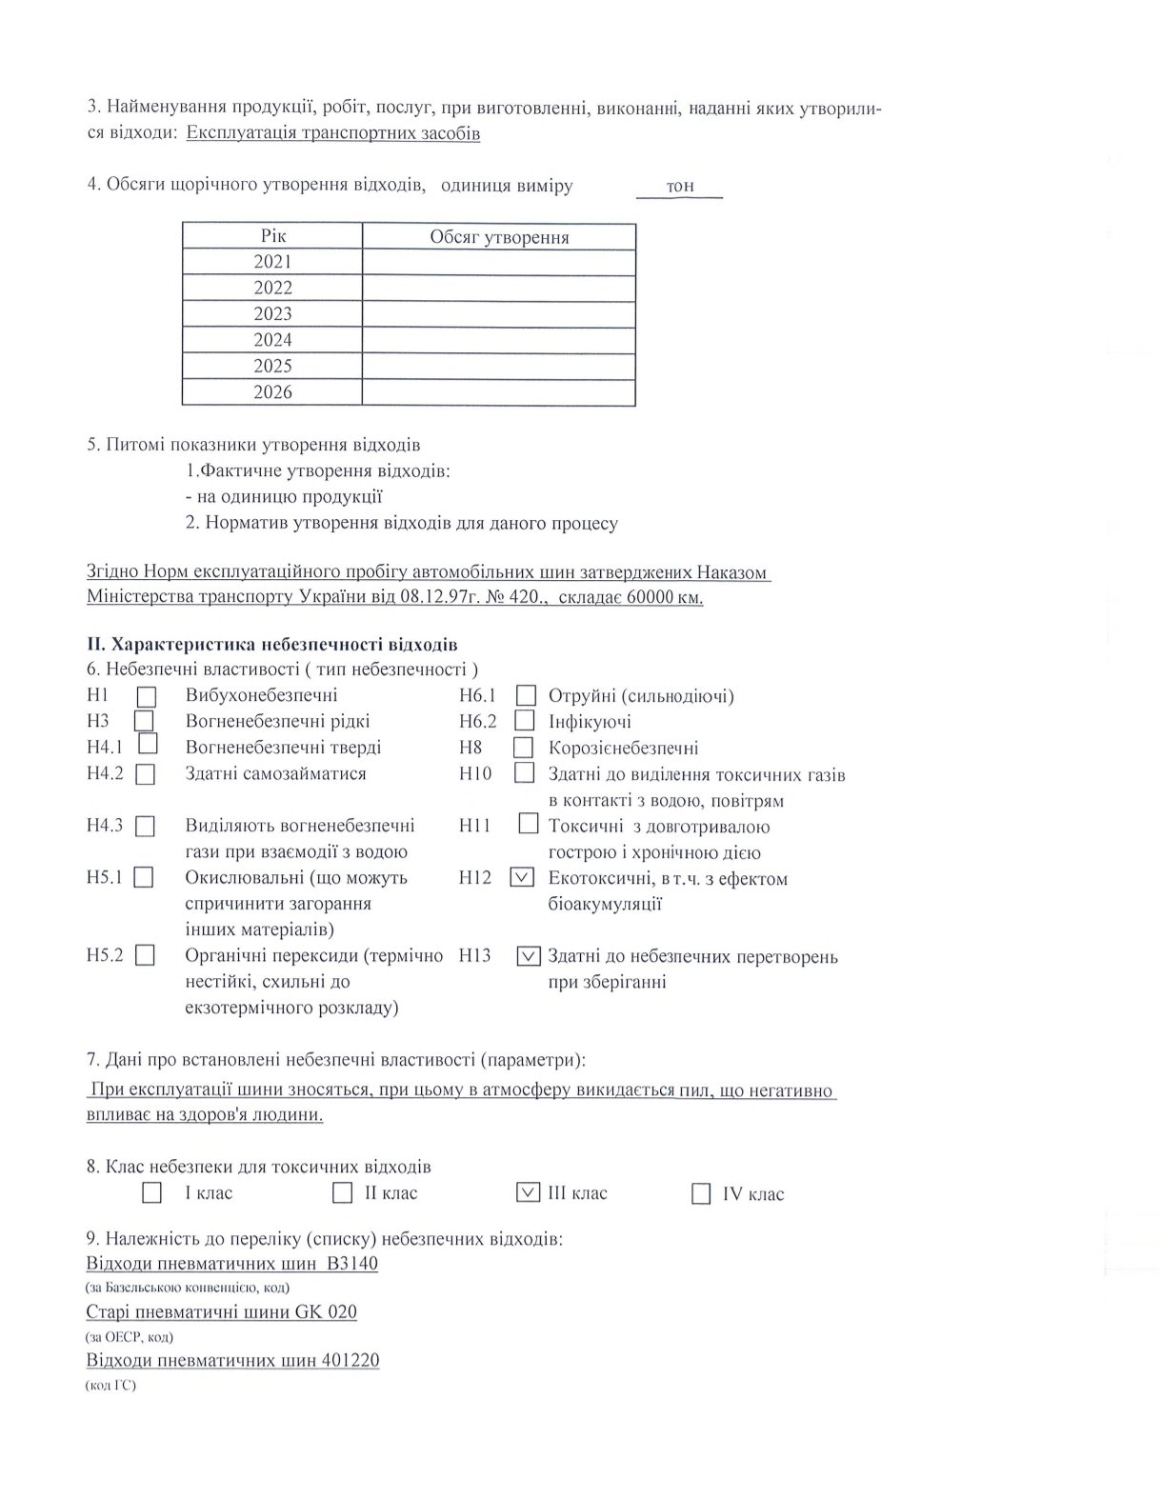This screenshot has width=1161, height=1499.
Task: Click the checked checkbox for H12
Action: (522, 877)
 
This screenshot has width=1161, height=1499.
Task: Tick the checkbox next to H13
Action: (528, 955)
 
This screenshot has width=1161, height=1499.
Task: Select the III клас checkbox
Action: (527, 1191)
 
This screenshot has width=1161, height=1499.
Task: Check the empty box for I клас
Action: (151, 1192)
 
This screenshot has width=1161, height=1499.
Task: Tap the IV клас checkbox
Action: (701, 1193)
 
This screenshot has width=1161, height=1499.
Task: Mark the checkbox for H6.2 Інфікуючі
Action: (525, 721)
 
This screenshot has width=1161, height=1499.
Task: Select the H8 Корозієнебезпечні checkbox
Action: (523, 748)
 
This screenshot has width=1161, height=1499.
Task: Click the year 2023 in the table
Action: (272, 313)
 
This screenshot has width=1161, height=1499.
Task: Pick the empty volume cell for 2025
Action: (498, 366)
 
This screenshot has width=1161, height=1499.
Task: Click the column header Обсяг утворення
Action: (498, 236)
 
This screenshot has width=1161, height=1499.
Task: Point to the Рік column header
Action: (272, 235)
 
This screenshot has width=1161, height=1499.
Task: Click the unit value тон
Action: (680, 186)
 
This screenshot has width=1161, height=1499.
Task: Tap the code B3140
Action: (351, 1264)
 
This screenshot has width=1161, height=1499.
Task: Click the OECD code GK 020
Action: (326, 1311)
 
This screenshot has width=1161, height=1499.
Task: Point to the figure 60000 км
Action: (665, 597)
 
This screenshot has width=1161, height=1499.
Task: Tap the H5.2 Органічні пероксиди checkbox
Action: (145, 955)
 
